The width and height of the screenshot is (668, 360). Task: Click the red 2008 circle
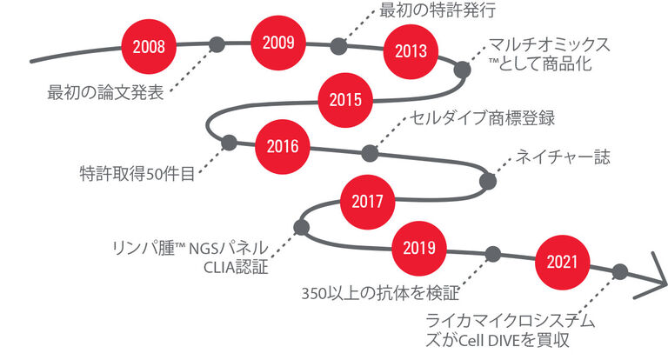[149, 46]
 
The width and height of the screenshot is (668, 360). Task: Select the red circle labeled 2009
[278, 43]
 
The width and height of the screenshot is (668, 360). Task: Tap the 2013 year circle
[411, 51]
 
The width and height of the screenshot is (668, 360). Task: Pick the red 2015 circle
[345, 100]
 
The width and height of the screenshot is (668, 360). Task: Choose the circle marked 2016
[283, 147]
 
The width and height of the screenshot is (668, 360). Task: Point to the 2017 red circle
[367, 202]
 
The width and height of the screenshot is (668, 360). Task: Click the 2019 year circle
[419, 249]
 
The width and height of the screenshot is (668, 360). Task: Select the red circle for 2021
[562, 262]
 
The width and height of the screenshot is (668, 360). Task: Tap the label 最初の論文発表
[105, 92]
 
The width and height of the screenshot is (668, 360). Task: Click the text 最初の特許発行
[438, 10]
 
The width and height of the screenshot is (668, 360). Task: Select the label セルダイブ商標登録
[482, 117]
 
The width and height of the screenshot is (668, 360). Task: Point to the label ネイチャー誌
[563, 157]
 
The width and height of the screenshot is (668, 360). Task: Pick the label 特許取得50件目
[137, 174]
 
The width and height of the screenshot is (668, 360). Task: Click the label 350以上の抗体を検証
[380, 293]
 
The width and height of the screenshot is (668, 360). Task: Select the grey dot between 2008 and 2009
[217, 44]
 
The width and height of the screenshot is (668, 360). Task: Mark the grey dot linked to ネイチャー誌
[488, 181]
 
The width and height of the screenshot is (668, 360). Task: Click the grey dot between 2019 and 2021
[493, 254]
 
